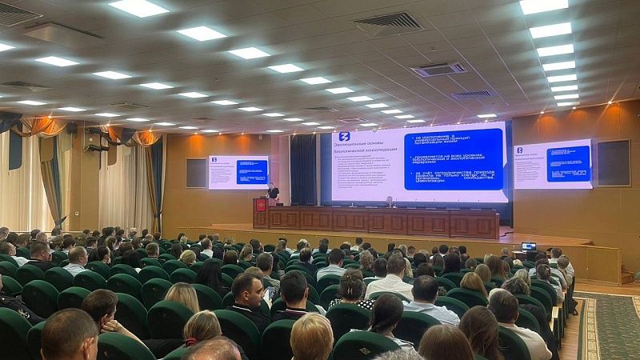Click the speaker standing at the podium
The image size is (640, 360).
(x=273, y=191)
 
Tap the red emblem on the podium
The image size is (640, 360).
(x=261, y=206)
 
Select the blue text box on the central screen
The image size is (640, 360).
(x=453, y=158)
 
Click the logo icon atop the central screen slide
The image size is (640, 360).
(x=344, y=137)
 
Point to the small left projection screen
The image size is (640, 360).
(x=238, y=172)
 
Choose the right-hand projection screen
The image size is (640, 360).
(x=553, y=164)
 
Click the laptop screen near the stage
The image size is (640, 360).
(x=528, y=246)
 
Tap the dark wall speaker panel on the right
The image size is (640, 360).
(x=614, y=162)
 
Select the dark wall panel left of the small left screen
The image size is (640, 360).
(x=196, y=173)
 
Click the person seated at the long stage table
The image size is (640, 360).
(x=390, y=202)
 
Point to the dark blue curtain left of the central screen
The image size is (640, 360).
(x=302, y=169)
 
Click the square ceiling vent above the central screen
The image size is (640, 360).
(x=438, y=69)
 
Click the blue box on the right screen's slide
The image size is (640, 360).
(x=568, y=163)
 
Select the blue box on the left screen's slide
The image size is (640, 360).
(x=252, y=171)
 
